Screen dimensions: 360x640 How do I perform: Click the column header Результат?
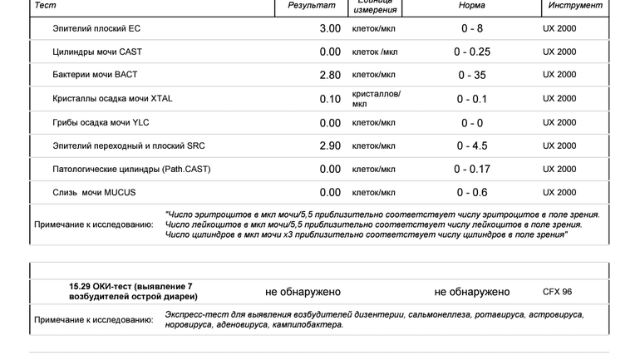(x=312, y=6)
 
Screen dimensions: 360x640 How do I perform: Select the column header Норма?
(x=472, y=6)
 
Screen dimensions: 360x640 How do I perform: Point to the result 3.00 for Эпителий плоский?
(x=330, y=29)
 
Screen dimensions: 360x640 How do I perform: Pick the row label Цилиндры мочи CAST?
(x=97, y=52)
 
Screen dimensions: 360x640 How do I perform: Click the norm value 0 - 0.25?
(x=472, y=52)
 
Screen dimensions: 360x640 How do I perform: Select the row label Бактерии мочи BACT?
(x=95, y=75)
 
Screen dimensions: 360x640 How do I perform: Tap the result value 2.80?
(x=330, y=75)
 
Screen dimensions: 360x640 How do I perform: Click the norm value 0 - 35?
(x=472, y=75)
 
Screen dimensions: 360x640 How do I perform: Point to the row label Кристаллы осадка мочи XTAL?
(x=112, y=99)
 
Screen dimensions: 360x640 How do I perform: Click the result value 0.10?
(x=330, y=99)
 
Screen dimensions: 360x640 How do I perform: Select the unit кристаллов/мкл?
(x=376, y=99)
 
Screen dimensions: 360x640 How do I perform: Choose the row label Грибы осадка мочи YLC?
(x=101, y=123)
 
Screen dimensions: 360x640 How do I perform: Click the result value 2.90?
(x=330, y=146)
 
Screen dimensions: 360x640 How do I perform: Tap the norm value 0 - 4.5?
(x=472, y=146)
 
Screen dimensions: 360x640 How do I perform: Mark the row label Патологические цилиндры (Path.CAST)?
(x=131, y=170)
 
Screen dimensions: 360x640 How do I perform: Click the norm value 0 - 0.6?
(x=472, y=193)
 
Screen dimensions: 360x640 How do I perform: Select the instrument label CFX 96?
(x=557, y=292)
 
